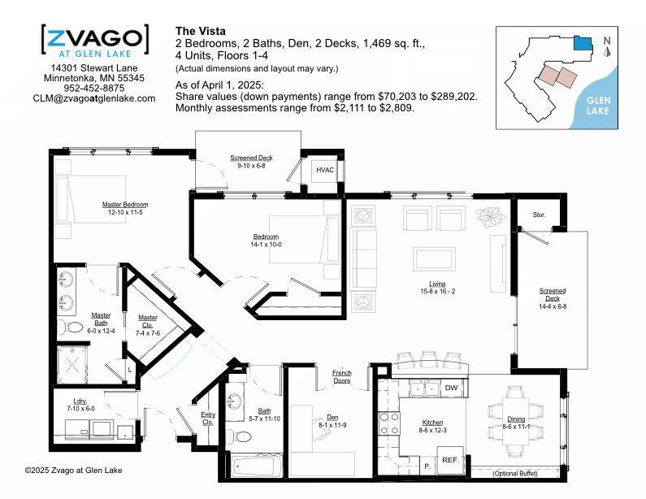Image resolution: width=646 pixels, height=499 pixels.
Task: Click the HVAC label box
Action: pyautogui.click(x=325, y=170)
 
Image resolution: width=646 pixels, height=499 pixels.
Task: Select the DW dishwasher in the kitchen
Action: pyautogui.click(x=451, y=388)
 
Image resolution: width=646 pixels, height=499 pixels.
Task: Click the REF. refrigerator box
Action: pyautogui.click(x=451, y=460)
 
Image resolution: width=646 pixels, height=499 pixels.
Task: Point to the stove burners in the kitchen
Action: pyautogui.click(x=389, y=423)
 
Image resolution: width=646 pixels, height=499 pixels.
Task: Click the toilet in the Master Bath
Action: pyautogui.click(x=70, y=328)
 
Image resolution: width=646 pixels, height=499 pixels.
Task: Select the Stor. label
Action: pyautogui.click(x=539, y=215)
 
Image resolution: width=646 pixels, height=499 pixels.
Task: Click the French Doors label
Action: pyautogui.click(x=342, y=376)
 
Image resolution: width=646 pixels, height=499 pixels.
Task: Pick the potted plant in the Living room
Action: pyautogui.click(x=491, y=217)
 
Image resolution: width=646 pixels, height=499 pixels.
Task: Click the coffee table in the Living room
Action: pyautogui.click(x=434, y=258)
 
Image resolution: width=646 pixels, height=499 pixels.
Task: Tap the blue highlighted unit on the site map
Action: pyautogui.click(x=583, y=43)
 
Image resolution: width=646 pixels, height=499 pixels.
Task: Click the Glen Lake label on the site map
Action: pyautogui.click(x=598, y=106)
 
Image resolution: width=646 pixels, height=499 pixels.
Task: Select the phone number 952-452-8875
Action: pyautogui.click(x=94, y=89)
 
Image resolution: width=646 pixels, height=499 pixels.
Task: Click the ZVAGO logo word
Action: pyautogui.click(x=95, y=38)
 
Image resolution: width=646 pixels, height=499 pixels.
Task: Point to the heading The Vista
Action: pyautogui.click(x=201, y=32)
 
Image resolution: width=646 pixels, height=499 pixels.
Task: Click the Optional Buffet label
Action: pyautogui.click(x=515, y=474)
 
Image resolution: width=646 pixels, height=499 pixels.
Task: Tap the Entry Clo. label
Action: pyautogui.click(x=208, y=419)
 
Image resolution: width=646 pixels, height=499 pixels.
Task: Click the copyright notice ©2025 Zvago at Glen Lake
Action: pyautogui.click(x=73, y=471)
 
